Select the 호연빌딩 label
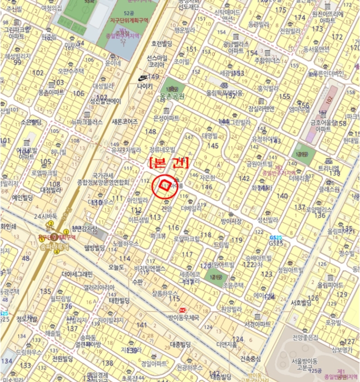161,43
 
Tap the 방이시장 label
231,221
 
